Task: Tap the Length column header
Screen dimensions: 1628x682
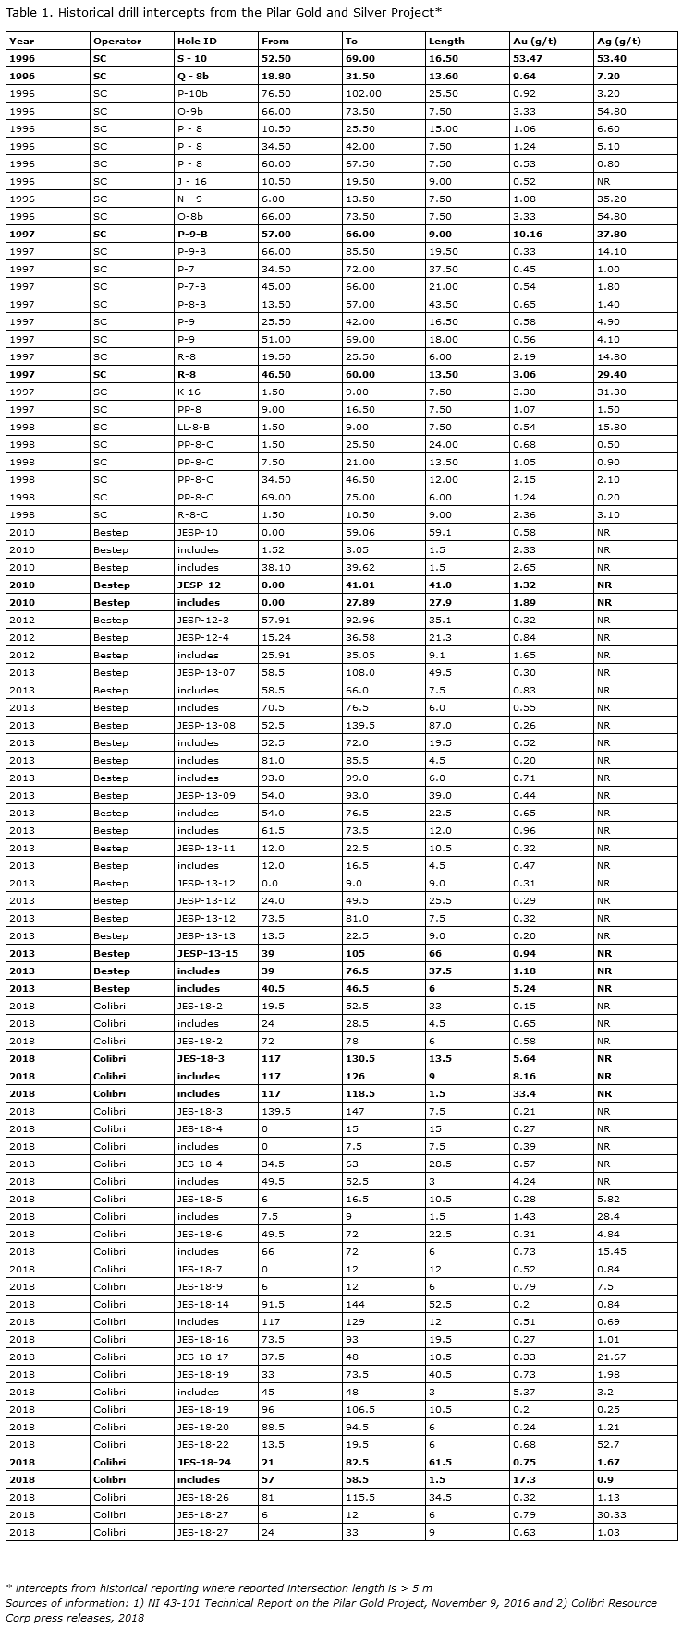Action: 446,42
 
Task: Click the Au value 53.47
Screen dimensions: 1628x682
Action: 528,59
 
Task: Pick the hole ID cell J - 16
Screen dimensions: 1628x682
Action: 191,182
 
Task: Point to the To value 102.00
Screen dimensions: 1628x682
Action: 362,94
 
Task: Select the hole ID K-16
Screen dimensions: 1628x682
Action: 189,392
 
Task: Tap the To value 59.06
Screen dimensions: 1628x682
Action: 359,533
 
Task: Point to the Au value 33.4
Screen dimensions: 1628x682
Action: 524,1094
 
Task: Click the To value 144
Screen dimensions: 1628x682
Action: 353,1305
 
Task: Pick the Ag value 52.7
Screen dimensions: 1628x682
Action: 608,1445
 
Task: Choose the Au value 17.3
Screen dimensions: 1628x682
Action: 524,1480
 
